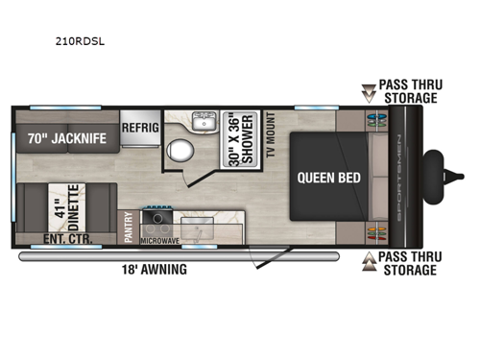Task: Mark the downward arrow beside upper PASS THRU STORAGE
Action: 369,92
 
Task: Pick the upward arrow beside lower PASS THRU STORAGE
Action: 369,261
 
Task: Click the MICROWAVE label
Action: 160,240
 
